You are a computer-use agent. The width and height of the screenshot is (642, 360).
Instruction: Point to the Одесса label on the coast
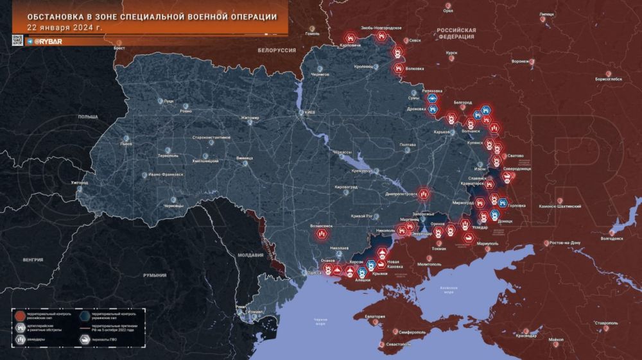[314, 272]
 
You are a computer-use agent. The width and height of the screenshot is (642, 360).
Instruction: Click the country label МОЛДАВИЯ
[251, 255]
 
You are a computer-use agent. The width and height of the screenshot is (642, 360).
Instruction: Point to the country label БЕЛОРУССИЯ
[276, 49]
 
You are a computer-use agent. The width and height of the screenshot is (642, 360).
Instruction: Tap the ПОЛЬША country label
[87, 117]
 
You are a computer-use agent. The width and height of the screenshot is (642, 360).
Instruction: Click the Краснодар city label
[526, 336]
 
